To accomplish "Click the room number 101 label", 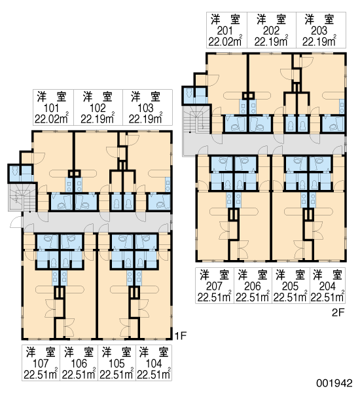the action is coord(51,108).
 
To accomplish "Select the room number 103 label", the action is coord(145,108).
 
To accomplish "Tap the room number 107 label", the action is coord(41,364).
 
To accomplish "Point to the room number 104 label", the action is coord(154,364).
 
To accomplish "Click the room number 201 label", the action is coord(225,31).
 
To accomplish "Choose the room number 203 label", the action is coord(319,31).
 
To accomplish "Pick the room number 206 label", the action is coord(253,286).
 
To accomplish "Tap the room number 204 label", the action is coord(327,286).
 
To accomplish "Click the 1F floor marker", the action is coord(181,335).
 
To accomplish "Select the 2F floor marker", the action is coord(338,312).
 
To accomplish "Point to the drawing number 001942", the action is coord(334,383).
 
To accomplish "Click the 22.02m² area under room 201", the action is coord(225,41).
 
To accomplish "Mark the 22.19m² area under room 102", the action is coord(98,119).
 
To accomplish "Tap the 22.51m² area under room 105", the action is coord(117,374).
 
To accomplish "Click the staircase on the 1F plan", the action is coord(22,198).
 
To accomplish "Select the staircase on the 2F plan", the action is coord(197,119).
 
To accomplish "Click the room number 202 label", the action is coord(271,31).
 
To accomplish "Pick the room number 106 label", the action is coord(79,364).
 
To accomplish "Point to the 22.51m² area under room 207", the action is coord(214,297).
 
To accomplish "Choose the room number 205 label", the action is coord(291,286).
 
